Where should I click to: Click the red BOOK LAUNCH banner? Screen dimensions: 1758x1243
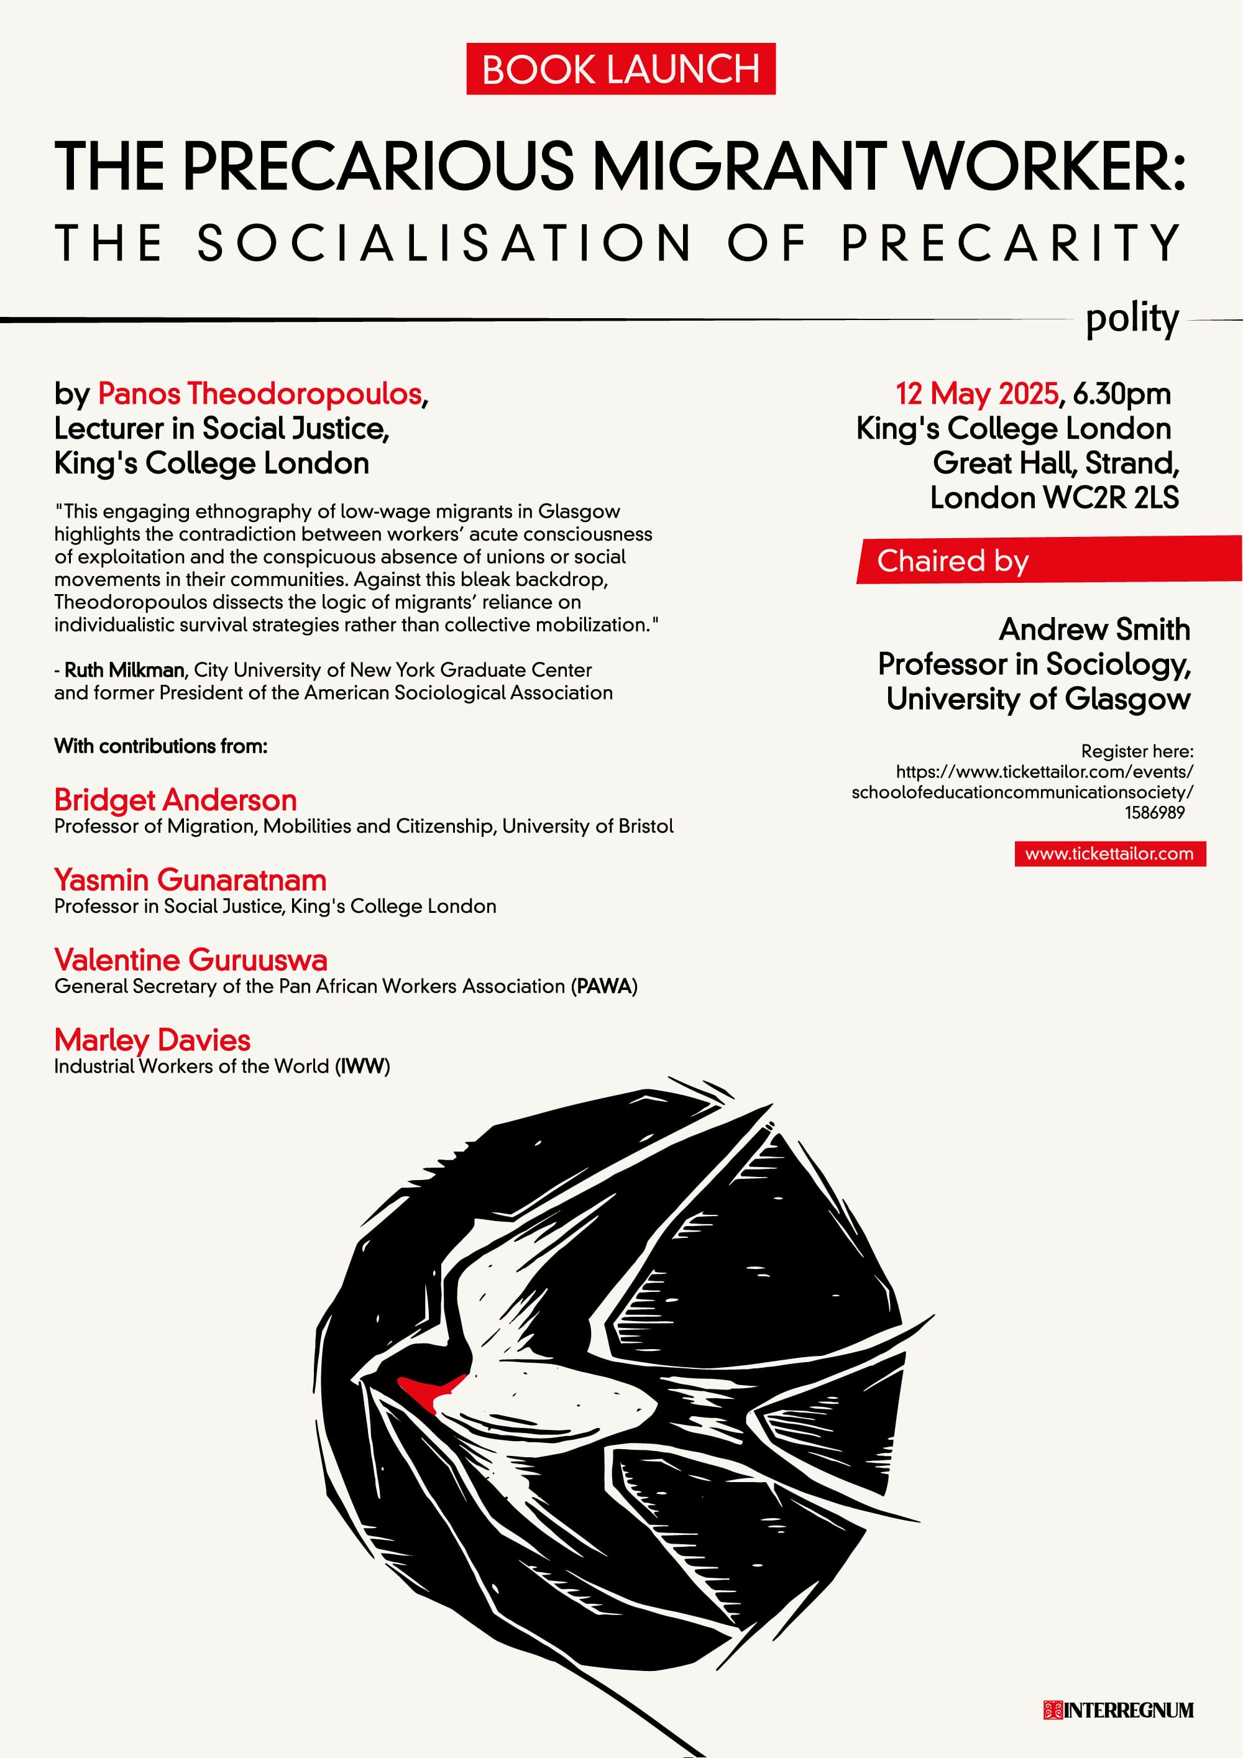[x=620, y=69]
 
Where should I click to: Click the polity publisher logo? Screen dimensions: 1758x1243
[x=1131, y=319]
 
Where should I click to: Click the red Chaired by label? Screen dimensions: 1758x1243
[x=953, y=561]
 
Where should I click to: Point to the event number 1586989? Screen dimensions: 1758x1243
[x=1154, y=812]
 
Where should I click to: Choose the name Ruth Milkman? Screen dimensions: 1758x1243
[x=124, y=670]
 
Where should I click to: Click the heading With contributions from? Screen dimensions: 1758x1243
[x=161, y=746]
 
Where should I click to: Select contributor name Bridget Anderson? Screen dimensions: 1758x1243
[x=175, y=800]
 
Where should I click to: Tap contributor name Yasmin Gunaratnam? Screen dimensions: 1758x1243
[x=190, y=880]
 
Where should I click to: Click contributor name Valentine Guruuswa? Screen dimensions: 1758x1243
[x=191, y=959]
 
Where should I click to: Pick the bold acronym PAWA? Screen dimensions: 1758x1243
[x=603, y=986]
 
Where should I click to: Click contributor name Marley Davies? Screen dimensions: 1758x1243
[x=152, y=1040]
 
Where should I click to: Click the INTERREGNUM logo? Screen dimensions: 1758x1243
[x=1118, y=1710]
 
